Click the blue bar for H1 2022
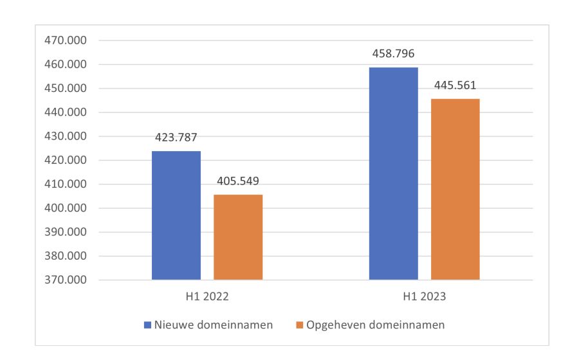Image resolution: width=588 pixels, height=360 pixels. [x=176, y=215]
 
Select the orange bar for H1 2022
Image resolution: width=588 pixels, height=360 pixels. [x=238, y=237]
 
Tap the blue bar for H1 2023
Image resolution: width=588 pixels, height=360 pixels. [x=393, y=174]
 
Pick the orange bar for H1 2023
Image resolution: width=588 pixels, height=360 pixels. [x=455, y=189]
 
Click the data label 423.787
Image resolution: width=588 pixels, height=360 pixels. [x=176, y=137]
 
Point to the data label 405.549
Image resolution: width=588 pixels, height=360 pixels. [x=238, y=181]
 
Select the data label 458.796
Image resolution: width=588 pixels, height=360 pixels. [x=393, y=53]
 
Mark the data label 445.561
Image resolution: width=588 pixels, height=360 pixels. [x=455, y=85]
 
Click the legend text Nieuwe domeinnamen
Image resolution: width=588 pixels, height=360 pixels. [x=213, y=325]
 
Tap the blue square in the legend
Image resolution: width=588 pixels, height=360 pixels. [x=147, y=325]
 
